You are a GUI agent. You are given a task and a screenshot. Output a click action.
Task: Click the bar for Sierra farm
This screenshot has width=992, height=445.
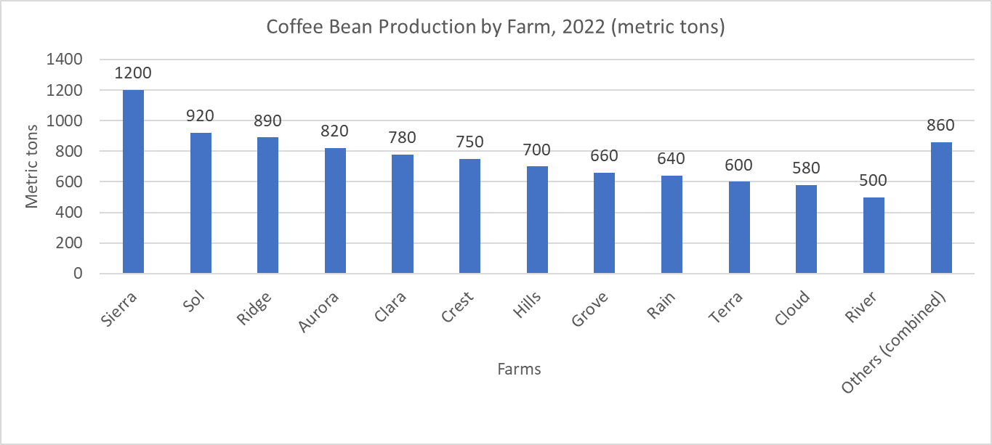[133, 181]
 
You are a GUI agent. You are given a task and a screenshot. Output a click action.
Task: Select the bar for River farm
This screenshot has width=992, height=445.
[874, 235]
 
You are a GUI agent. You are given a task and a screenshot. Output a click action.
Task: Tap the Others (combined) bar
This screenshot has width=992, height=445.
[941, 208]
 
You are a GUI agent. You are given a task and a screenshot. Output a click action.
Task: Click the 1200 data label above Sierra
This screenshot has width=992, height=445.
[133, 73]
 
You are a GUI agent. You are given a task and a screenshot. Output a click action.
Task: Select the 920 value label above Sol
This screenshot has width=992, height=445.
[201, 116]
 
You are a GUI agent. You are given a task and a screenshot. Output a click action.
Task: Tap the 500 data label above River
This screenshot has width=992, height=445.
[874, 181]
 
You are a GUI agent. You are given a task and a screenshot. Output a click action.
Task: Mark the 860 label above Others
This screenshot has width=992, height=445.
[941, 125]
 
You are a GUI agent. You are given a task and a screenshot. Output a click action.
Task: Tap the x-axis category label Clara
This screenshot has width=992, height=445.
[390, 308]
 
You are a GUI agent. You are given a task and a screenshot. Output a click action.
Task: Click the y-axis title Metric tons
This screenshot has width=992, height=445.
[32, 166]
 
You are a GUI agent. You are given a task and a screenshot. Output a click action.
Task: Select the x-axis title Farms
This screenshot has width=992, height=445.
[519, 369]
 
